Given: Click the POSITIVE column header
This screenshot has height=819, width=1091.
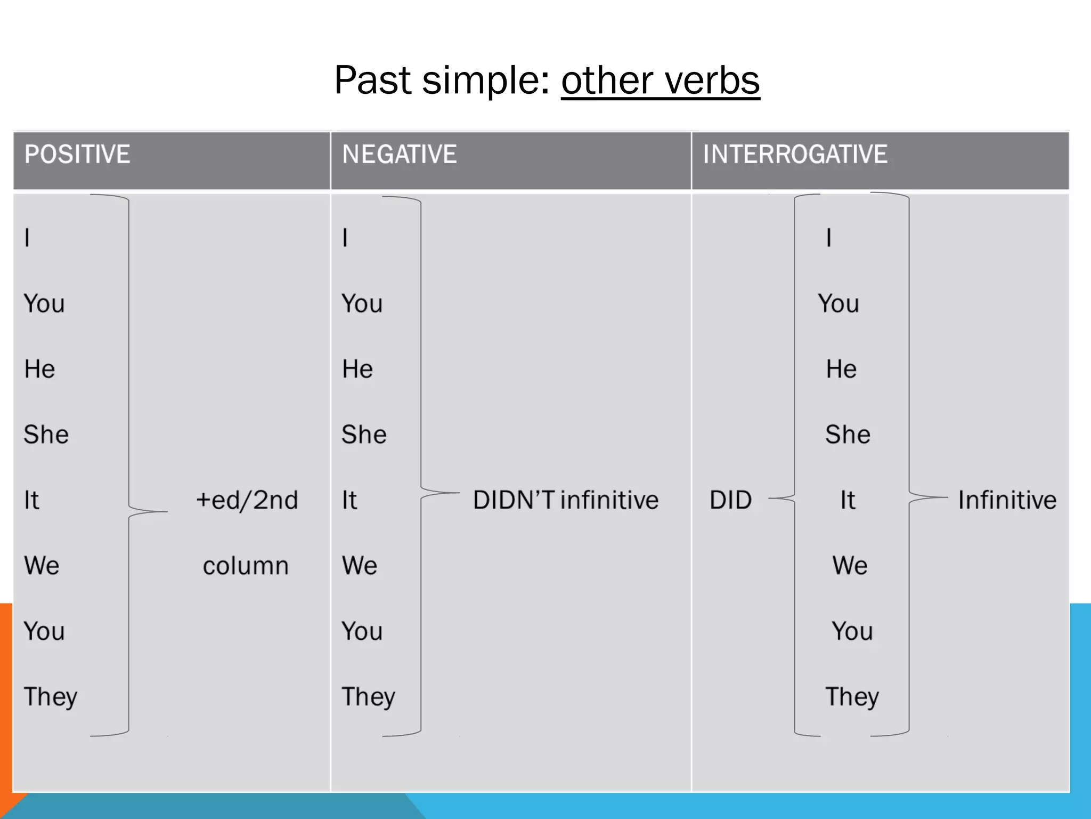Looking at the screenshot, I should [77, 155].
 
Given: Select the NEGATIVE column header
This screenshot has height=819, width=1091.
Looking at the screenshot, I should [399, 155].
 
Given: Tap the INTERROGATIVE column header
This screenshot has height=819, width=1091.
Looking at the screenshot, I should [795, 155].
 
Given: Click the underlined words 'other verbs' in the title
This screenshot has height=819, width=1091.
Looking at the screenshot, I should [660, 81].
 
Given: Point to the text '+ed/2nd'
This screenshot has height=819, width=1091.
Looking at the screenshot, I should [247, 500].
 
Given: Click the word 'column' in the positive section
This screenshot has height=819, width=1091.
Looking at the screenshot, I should [246, 566].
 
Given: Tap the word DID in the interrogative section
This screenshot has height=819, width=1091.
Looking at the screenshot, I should [730, 500].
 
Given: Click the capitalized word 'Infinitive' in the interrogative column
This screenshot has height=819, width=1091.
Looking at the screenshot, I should [1007, 500].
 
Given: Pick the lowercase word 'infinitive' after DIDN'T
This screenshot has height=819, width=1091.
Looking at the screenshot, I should [609, 500].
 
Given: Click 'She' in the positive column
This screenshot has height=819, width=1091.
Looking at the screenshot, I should [46, 435].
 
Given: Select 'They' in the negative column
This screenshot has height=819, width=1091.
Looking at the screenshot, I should [368, 697].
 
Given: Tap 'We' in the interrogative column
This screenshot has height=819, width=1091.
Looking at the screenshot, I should [850, 566].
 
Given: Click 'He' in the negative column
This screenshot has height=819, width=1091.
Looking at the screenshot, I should [357, 369].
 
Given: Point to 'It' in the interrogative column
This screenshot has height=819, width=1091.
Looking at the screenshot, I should [848, 500].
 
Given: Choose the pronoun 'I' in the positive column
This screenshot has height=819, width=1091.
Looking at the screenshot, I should [27, 238].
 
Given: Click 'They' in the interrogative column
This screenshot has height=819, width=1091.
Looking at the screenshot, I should [852, 697].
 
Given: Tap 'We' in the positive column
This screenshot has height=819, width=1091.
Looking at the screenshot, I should [42, 566].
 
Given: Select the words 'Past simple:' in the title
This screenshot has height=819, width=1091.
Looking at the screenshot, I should [442, 81].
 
